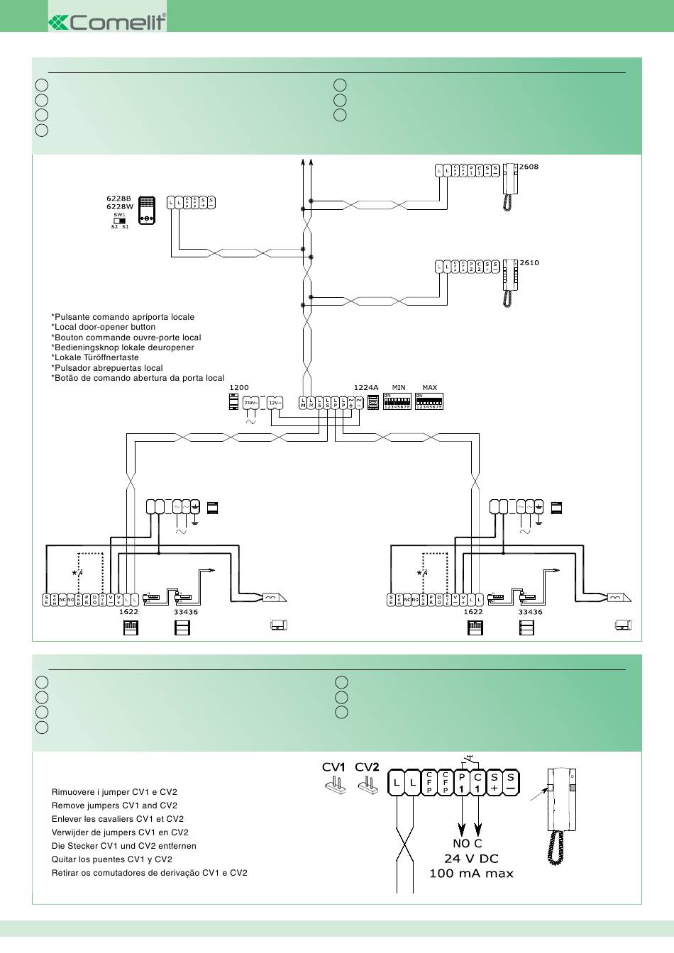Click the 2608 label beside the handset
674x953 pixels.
[x=529, y=167]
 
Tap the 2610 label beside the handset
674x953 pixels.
[x=529, y=262]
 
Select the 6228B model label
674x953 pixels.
[x=119, y=199]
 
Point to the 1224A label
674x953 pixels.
[x=365, y=388]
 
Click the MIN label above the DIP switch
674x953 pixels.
[x=399, y=388]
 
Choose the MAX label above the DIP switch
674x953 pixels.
[x=429, y=388]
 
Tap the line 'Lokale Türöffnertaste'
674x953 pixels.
[x=95, y=358]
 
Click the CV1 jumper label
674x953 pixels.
[x=333, y=767]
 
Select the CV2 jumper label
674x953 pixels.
[x=367, y=767]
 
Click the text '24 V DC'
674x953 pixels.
[x=471, y=859]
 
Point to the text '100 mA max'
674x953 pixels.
[x=471, y=874]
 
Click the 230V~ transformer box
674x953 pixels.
[x=250, y=403]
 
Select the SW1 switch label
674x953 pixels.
[x=119, y=214]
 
